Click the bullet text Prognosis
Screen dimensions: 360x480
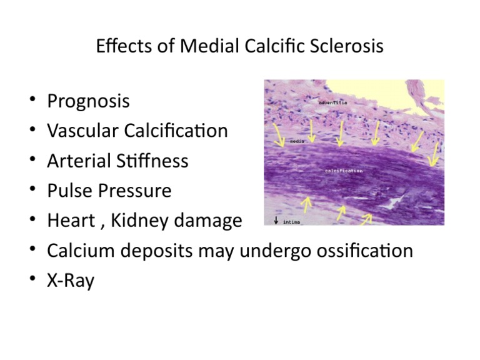pos(88,101)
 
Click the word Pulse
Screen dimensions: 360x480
pos(68,191)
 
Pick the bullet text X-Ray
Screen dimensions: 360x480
pos(71,281)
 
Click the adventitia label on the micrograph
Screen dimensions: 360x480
pos(332,102)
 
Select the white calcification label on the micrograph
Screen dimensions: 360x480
pos(343,170)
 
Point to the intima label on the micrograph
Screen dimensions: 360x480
pos(292,221)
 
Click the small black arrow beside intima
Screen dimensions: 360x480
pos(276,221)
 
